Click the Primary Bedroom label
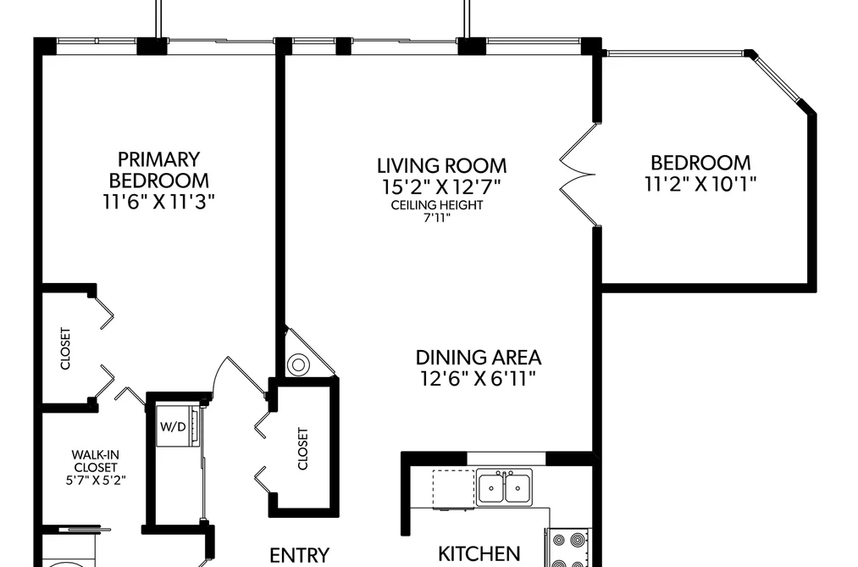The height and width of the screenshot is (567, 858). (x=158, y=170)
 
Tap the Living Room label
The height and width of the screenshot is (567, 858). (x=441, y=165)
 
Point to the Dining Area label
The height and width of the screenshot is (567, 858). (x=479, y=358)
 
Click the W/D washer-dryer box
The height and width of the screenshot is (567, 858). (x=179, y=425)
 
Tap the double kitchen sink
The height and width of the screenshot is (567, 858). (x=504, y=487)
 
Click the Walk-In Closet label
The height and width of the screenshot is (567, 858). (x=96, y=461)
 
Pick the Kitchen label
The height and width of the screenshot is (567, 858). (x=479, y=553)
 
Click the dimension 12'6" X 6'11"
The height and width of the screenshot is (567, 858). (x=478, y=379)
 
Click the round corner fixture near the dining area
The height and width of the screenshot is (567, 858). (x=298, y=364)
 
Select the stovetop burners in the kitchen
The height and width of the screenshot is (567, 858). (x=568, y=548)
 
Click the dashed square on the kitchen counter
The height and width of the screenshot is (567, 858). (x=454, y=489)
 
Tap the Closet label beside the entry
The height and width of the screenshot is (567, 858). (x=302, y=449)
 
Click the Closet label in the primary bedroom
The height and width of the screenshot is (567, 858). (x=65, y=348)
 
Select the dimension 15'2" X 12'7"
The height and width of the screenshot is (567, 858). (x=441, y=187)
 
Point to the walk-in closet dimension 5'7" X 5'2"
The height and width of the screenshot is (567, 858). (x=96, y=481)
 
